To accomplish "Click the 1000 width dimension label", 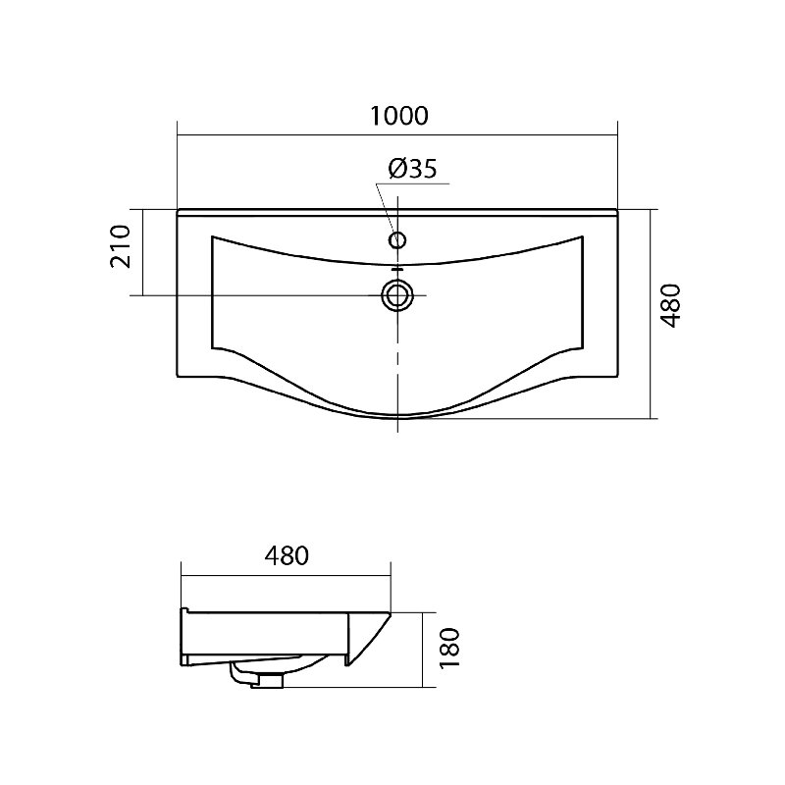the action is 399,116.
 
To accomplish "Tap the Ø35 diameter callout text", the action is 412,169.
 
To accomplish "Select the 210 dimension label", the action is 121,246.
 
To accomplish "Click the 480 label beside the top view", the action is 671,306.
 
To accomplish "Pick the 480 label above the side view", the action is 287,555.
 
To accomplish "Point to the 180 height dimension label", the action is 449,648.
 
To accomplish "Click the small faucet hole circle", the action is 397,240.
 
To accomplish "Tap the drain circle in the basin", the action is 397,295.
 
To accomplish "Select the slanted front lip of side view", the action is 370,640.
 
